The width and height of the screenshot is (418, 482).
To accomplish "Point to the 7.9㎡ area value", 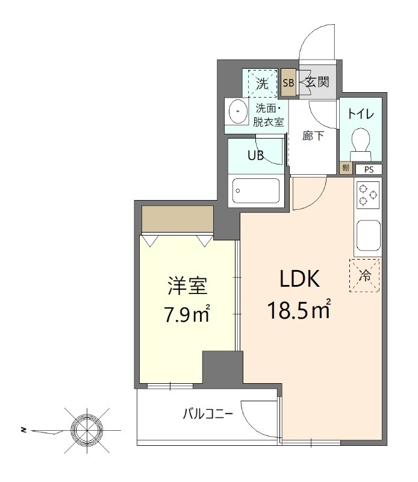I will [x=188, y=314].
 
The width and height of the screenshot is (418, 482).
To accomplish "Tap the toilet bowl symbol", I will [x=361, y=141].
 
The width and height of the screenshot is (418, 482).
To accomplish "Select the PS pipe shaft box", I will [x=369, y=169].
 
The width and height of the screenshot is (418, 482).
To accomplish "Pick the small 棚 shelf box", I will [x=345, y=168].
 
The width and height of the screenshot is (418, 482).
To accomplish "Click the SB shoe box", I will [x=289, y=84].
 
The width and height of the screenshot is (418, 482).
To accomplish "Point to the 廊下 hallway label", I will [x=313, y=136].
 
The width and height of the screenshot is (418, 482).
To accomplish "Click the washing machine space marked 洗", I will [x=261, y=84].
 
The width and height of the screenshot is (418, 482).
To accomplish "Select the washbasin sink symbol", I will [x=239, y=111].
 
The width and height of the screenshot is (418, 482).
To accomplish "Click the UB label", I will [x=256, y=154].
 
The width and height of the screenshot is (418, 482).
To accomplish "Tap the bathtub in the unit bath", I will [x=256, y=190].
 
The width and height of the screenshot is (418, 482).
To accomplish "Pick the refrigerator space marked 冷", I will [x=365, y=275].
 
